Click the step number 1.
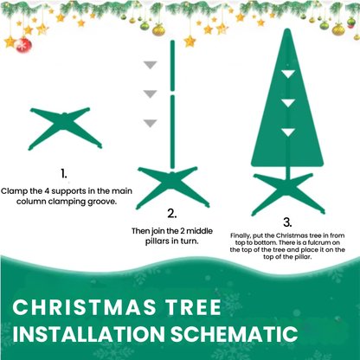[63, 173]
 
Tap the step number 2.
[171, 213]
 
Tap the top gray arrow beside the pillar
[151, 65]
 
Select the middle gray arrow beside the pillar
[151, 93]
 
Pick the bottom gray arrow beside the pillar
[151, 122]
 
